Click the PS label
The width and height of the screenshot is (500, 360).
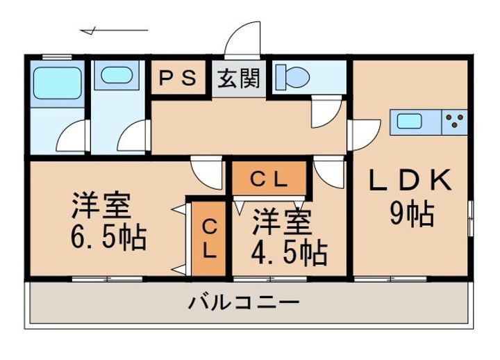tap(179, 79)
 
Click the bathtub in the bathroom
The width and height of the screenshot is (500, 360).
tap(58, 83)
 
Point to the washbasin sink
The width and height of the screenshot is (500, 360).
tap(115, 74)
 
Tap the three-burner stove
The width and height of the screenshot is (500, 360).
tap(455, 122)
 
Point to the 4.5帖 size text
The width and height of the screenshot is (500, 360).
tap(290, 254)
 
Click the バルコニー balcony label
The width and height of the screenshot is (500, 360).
tap(244, 303)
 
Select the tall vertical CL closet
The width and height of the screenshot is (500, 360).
tap(210, 238)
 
